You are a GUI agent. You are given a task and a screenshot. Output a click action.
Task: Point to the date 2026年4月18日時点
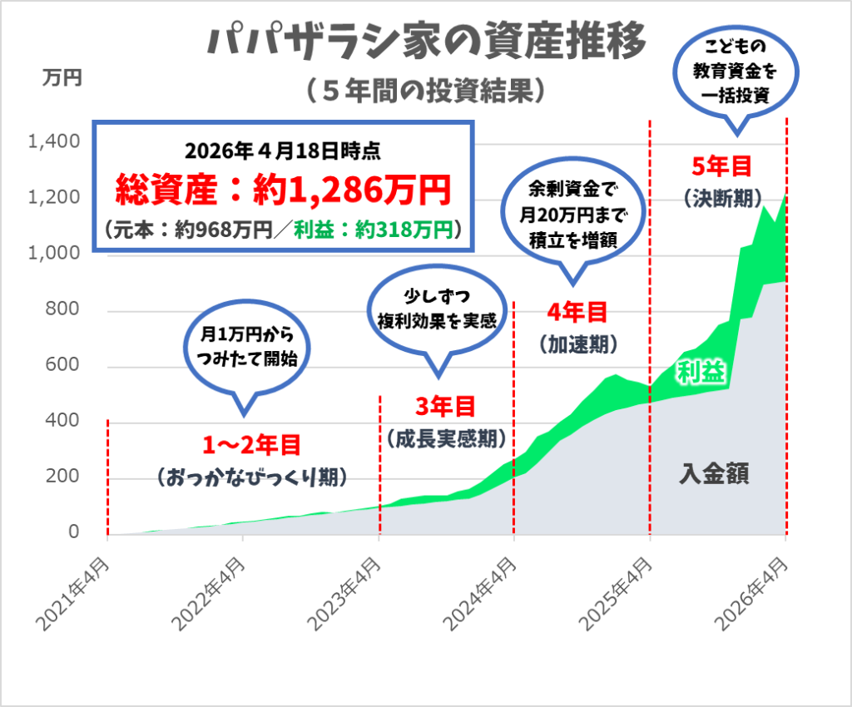pos(284,151)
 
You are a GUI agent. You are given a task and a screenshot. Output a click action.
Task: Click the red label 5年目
pos(722,166)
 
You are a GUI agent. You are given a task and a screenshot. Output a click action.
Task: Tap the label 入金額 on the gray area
pos(714,475)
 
